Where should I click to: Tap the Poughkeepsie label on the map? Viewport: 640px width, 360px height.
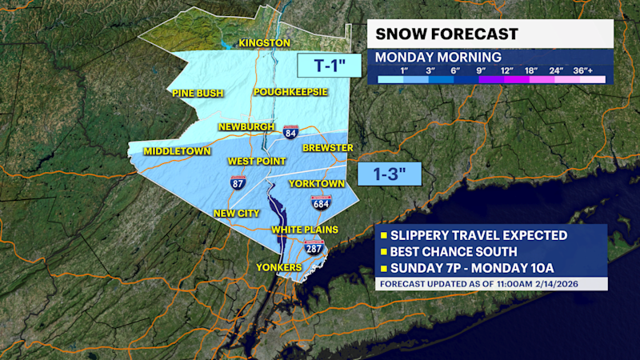pyautogui.click(x=290, y=92)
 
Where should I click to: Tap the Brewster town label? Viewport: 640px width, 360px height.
pyautogui.click(x=327, y=148)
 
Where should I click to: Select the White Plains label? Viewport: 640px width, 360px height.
pyautogui.click(x=305, y=230)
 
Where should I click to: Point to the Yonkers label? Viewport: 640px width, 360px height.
pyautogui.click(x=278, y=266)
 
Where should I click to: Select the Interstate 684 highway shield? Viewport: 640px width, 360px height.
pyautogui.click(x=321, y=203)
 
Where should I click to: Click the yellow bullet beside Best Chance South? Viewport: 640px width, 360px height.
pyautogui.click(x=384, y=252)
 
